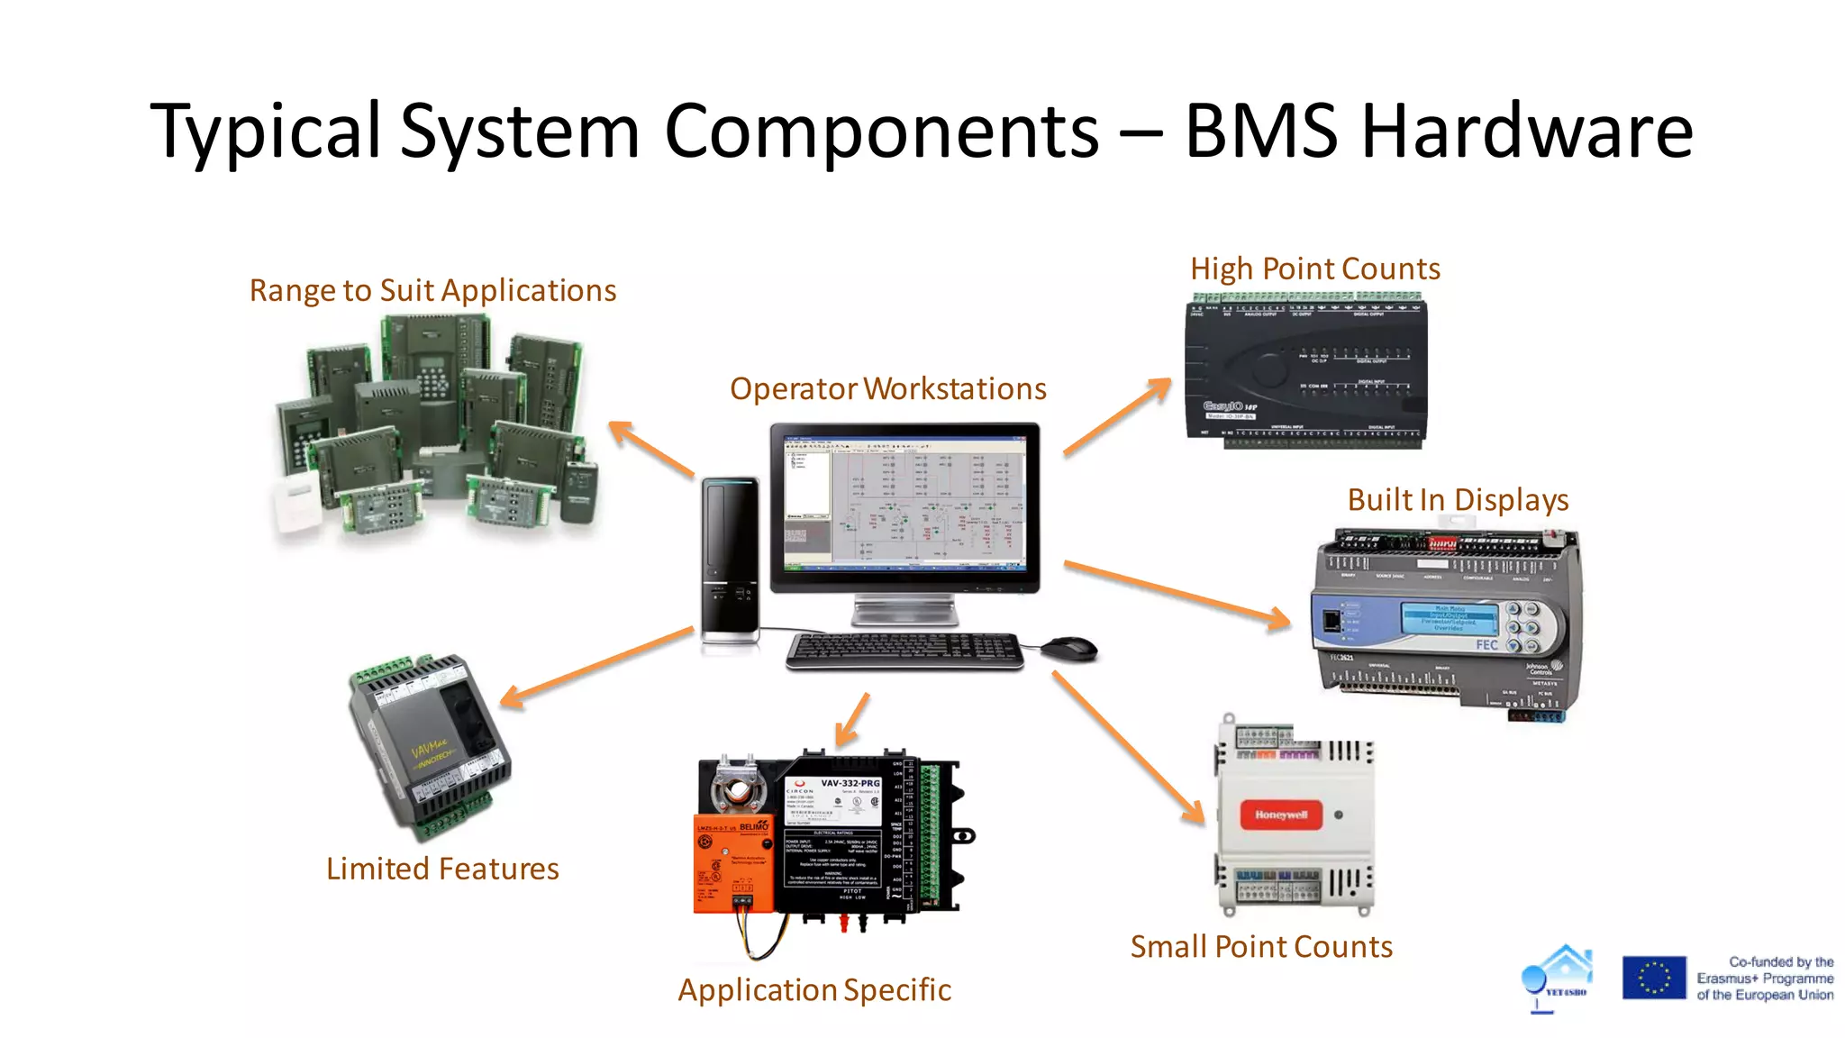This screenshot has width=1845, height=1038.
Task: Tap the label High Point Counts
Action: click(x=1314, y=269)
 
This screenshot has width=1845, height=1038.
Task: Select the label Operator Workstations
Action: click(x=887, y=388)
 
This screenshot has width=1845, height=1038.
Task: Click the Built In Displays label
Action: click(x=1458, y=499)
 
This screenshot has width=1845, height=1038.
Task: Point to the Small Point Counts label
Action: click(x=1261, y=946)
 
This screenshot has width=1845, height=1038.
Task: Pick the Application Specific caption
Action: click(x=814, y=989)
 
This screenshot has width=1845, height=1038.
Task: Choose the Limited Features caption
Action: click(x=442, y=869)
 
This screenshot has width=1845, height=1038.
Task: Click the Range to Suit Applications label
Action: click(x=432, y=290)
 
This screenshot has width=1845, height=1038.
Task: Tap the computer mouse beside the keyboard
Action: click(x=1069, y=648)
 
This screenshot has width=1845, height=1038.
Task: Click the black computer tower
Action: click(x=730, y=559)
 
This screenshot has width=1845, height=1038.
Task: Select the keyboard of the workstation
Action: click(x=904, y=650)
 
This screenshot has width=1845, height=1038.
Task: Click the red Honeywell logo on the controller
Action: click(x=1280, y=815)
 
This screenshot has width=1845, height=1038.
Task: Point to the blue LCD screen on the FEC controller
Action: click(x=1449, y=619)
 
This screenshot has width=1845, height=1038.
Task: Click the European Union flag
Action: click(x=1653, y=978)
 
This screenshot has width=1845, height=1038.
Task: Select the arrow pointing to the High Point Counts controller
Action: click(x=1117, y=416)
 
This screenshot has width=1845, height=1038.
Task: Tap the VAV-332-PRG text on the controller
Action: click(x=850, y=783)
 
